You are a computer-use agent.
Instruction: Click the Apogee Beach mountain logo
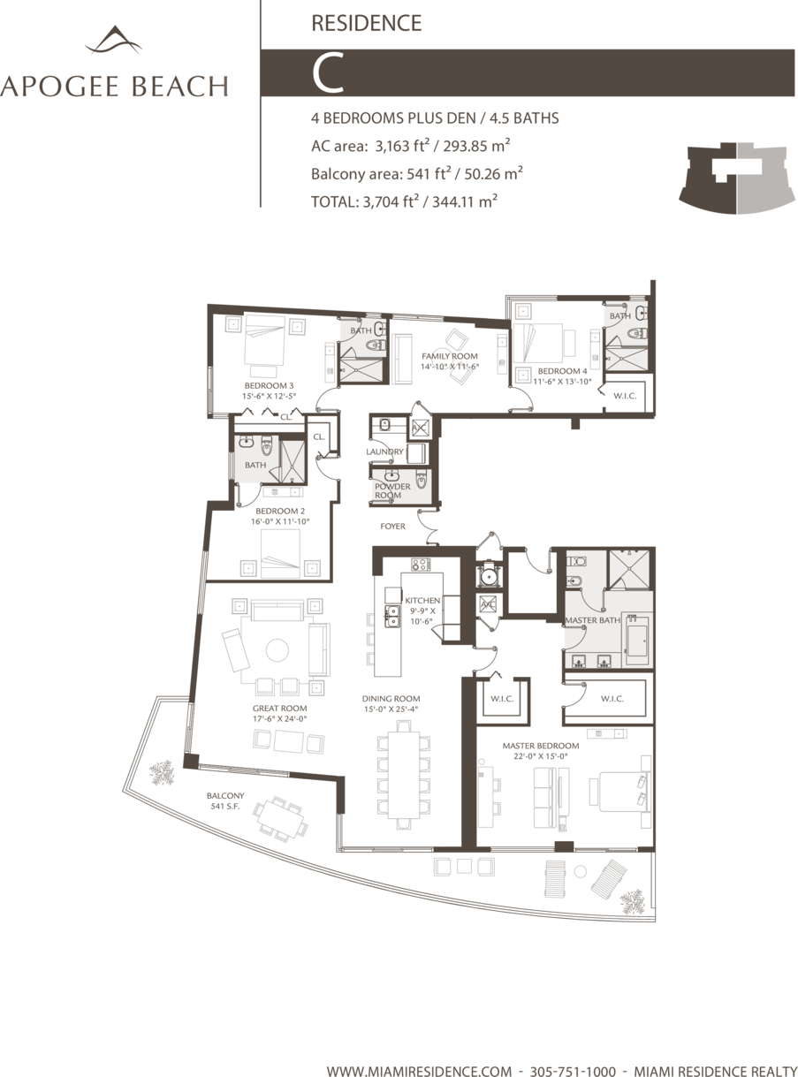[114, 41]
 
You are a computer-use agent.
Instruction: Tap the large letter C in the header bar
[329, 72]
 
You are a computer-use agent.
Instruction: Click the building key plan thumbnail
[737, 178]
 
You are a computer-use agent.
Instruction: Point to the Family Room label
[449, 356]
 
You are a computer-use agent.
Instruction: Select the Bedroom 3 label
[269, 385]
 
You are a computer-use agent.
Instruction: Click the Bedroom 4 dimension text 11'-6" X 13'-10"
[562, 382]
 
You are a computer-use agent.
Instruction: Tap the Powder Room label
[392, 490]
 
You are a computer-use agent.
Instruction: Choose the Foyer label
[392, 526]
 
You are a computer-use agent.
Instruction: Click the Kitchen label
[422, 600]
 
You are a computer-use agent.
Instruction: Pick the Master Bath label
[593, 620]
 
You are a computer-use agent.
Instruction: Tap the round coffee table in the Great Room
[277, 649]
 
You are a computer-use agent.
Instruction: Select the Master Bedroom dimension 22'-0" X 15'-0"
[541, 756]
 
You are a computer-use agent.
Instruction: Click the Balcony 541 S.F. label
[225, 800]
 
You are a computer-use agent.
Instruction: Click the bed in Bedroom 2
[280, 554]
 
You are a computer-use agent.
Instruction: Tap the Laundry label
[384, 451]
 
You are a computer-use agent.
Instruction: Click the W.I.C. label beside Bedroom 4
[625, 396]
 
